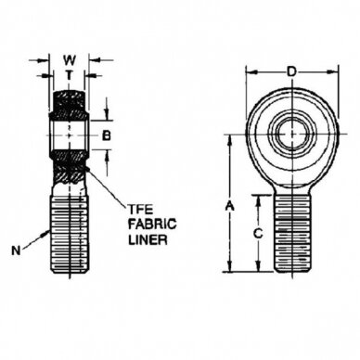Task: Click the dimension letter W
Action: coord(70,60)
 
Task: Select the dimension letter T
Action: coord(70,75)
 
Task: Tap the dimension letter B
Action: coord(107,135)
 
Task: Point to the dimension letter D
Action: coord(291,72)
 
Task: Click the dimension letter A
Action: coord(229,206)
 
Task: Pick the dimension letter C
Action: coord(258,234)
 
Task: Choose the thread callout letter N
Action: coord(16,251)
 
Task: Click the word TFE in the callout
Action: coord(141,210)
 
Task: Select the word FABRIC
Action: coord(152,224)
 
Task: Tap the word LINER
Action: coord(148,239)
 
